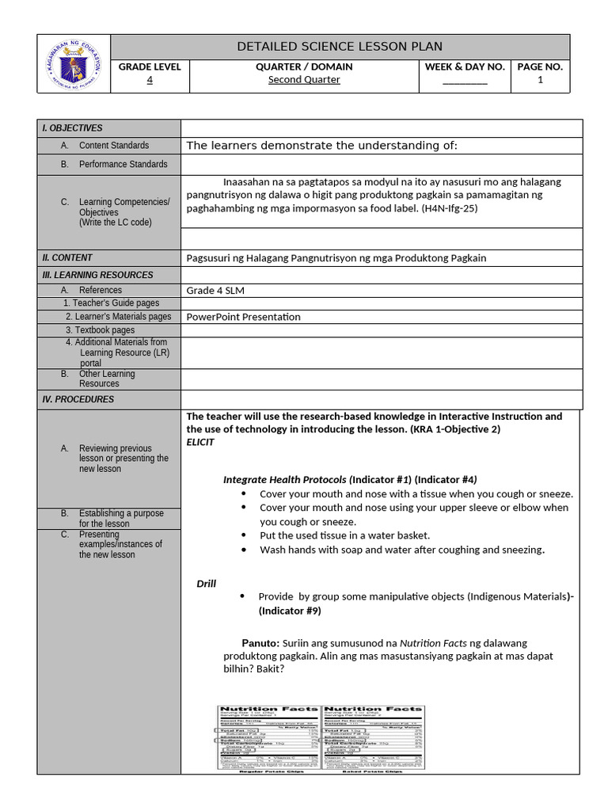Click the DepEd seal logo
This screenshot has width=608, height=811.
(74, 64)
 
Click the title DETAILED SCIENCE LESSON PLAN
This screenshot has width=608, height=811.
(340, 47)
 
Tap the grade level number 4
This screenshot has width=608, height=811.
(150, 79)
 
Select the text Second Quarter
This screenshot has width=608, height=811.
(304, 79)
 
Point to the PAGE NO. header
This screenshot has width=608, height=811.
(540, 67)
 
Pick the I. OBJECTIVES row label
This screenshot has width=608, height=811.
(72, 128)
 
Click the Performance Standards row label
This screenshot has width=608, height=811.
(123, 164)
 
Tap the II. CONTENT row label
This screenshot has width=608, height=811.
(67, 257)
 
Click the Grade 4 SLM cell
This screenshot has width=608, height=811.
(215, 291)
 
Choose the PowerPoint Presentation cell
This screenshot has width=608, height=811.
(243, 317)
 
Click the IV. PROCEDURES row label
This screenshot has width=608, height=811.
(78, 399)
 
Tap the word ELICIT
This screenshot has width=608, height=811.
(200, 442)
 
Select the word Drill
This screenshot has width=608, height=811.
(207, 584)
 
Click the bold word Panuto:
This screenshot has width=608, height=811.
(260, 643)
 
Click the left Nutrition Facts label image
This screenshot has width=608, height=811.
(268, 737)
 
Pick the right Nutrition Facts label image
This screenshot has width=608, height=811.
(373, 737)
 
